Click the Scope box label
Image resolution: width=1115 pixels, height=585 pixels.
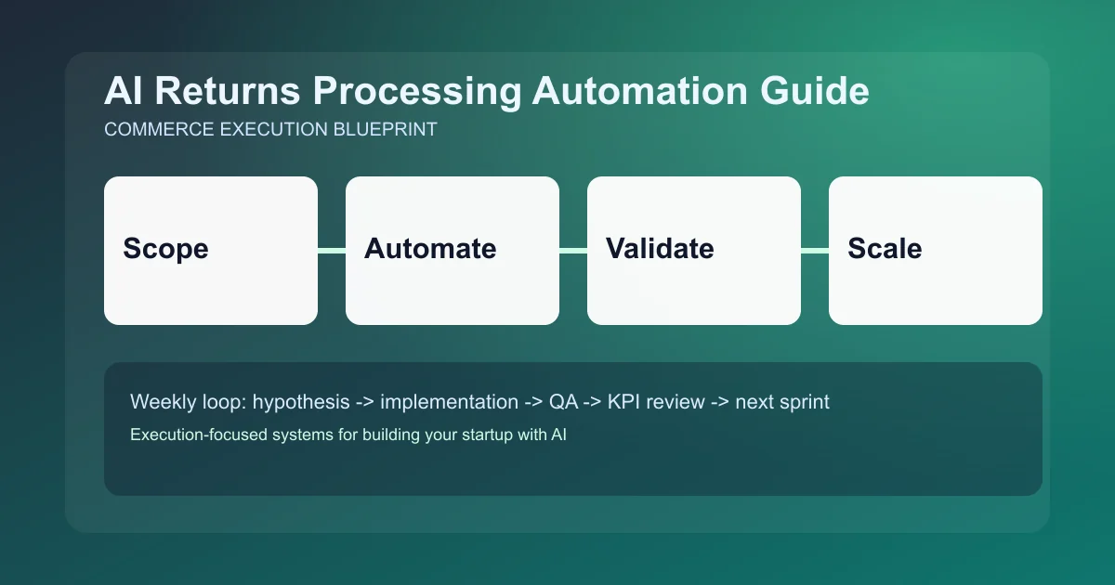[x=165, y=249]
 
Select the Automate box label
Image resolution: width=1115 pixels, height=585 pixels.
[x=430, y=249]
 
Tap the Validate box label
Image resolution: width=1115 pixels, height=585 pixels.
[x=660, y=249]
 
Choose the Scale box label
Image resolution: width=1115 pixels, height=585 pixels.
[x=885, y=249]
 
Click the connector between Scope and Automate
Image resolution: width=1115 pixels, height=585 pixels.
[x=332, y=250]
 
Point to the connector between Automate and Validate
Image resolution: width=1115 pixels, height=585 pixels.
[x=573, y=250]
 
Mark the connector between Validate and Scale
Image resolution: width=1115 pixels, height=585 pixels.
[x=815, y=250]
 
